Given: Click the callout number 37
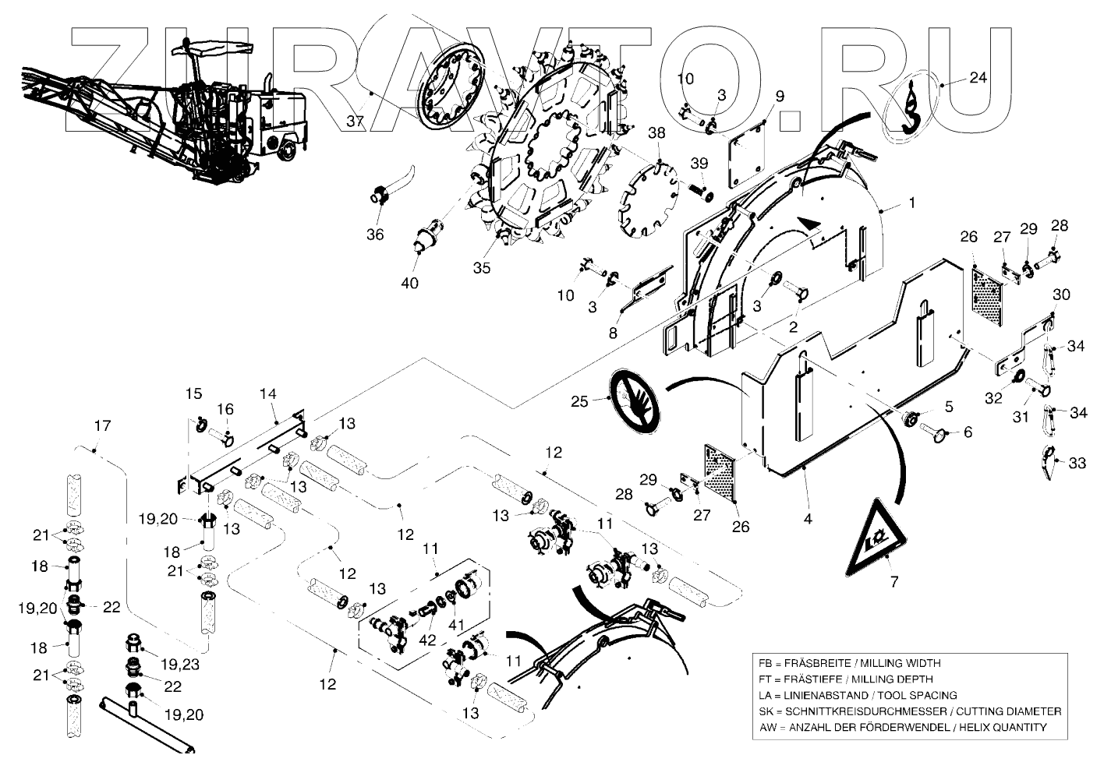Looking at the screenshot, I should point(356,122).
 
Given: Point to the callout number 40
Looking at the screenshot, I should point(409,283).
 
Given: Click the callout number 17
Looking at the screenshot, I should point(102,426).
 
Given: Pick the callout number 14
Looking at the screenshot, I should point(267,395).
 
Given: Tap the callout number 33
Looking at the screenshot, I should point(1077,463).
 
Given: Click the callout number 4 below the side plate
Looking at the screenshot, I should point(808,518).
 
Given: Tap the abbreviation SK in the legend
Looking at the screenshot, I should point(765,711).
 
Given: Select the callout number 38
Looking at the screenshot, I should point(656,133).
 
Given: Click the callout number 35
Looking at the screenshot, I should point(482,267).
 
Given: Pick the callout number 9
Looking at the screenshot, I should point(779,97).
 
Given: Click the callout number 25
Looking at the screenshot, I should point(579,402).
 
